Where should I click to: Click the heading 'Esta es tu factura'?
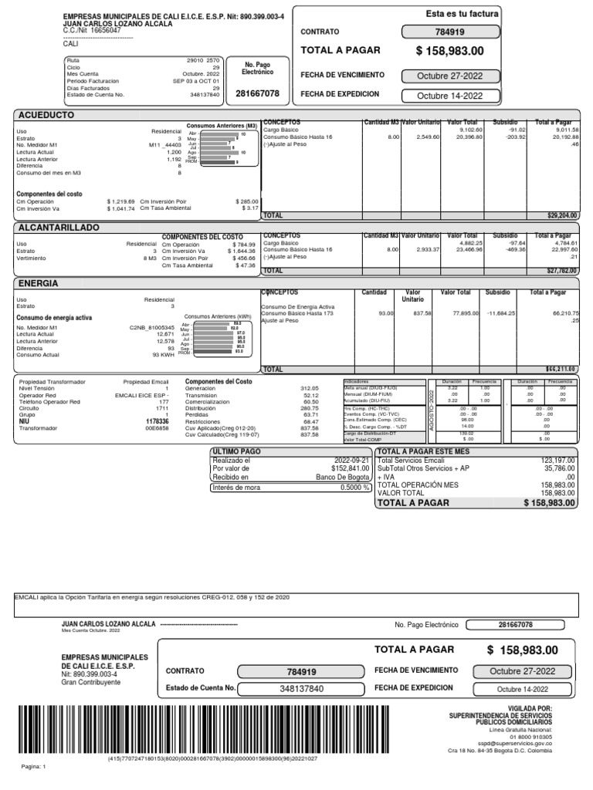pos(463,15)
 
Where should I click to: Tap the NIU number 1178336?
pos(157,422)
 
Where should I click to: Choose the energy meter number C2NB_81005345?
pos(152,327)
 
